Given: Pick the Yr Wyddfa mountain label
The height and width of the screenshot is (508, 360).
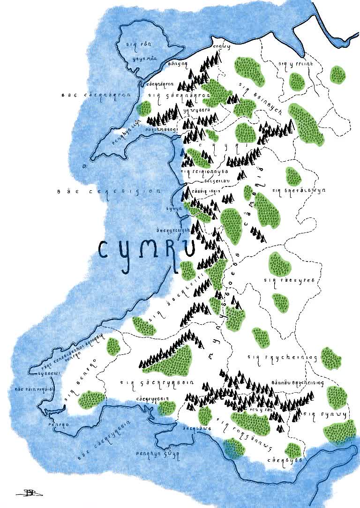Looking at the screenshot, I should pos(196,111).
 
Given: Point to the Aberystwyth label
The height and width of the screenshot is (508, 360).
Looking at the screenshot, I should pos(173,230).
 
